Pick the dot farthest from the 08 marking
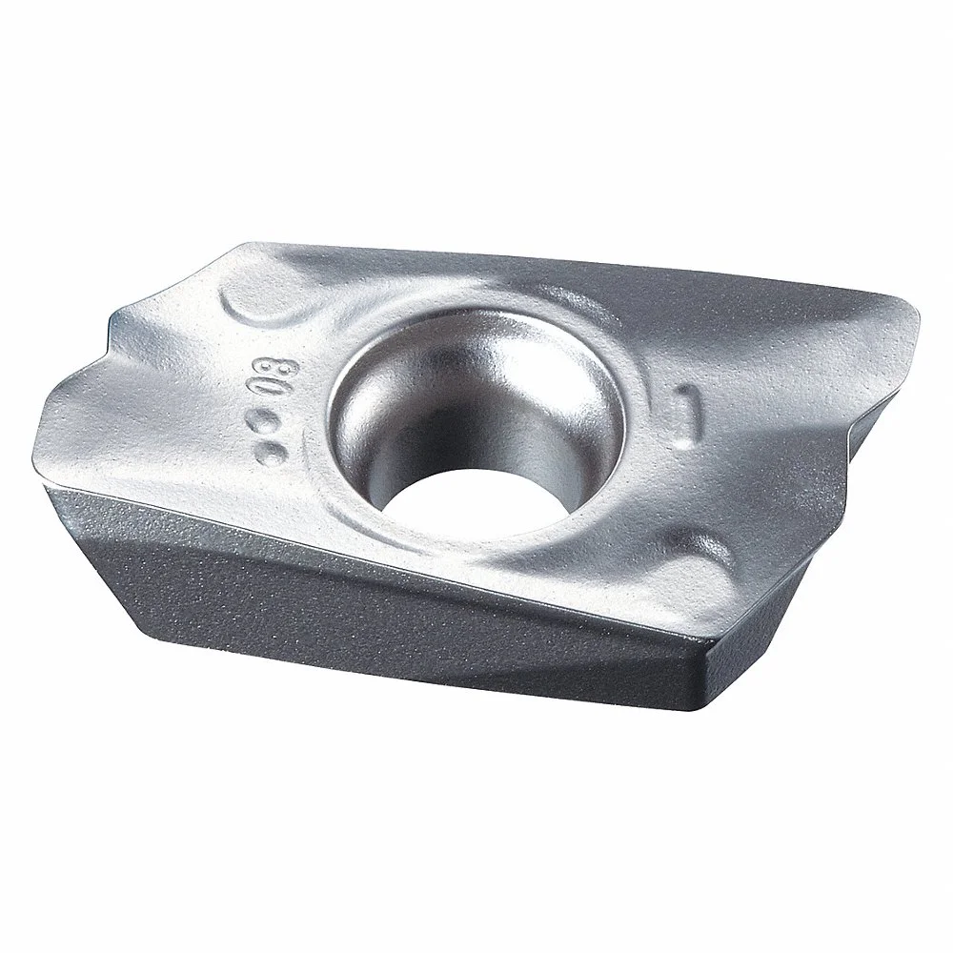coord(274,451)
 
